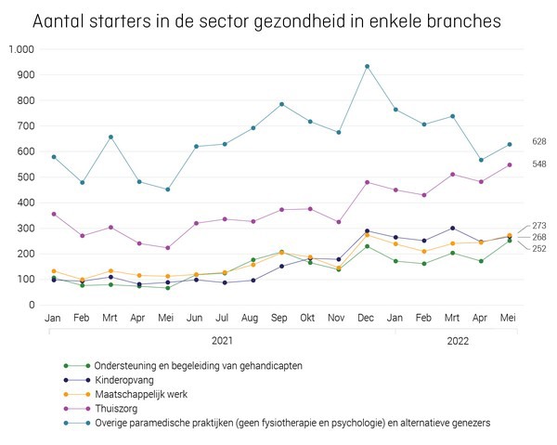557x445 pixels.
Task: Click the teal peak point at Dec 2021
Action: [367, 66]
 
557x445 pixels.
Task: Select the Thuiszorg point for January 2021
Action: [54, 214]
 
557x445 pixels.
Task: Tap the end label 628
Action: [538, 141]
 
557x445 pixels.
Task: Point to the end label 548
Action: [538, 164]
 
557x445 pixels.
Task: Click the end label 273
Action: [538, 226]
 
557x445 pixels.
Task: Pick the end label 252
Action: [538, 249]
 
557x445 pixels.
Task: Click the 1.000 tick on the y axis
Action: [21, 49]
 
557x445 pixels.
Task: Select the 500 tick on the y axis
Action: [25, 177]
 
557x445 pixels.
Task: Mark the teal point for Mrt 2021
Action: [110, 137]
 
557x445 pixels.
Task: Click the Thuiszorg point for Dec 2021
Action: [367, 182]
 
